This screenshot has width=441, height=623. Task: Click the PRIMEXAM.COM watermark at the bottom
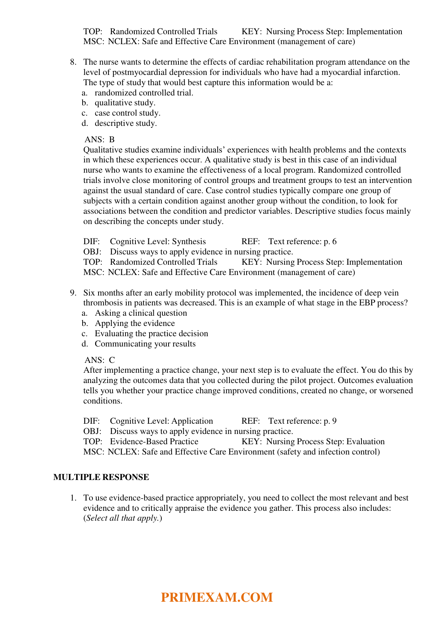tap(217, 597)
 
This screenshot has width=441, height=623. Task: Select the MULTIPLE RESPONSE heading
tap(101, 477)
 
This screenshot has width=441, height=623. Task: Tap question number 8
tap(73, 62)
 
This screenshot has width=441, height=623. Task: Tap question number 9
tap(73, 293)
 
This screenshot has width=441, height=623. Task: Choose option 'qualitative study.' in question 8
tap(125, 103)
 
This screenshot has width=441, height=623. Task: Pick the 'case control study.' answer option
tap(127, 113)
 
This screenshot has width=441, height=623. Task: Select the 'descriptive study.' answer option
tap(126, 123)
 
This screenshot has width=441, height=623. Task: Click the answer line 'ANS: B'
tap(99, 140)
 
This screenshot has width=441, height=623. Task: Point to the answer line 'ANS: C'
tap(99, 360)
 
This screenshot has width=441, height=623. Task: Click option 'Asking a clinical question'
tap(141, 313)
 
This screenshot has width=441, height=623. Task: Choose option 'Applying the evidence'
tap(135, 323)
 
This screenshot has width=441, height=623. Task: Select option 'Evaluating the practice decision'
tap(151, 334)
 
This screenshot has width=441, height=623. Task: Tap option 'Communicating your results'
tap(145, 344)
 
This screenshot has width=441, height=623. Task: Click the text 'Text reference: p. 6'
tap(302, 242)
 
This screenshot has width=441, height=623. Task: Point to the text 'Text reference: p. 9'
tap(302, 421)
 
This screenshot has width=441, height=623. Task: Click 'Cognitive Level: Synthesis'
tap(158, 242)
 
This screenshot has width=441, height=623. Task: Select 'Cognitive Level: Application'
tap(161, 421)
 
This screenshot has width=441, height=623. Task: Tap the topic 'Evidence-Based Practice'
tap(154, 442)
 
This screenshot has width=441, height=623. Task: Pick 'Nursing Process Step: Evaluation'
tap(325, 442)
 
